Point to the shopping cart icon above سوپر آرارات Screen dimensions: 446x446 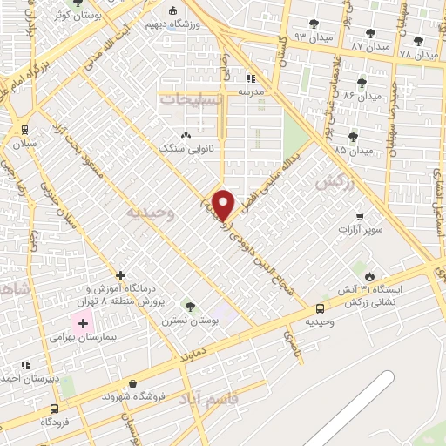360,216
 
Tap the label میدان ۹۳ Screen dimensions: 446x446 313,38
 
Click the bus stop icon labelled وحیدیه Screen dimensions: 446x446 320,307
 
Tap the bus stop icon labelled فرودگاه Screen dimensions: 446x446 55,409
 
